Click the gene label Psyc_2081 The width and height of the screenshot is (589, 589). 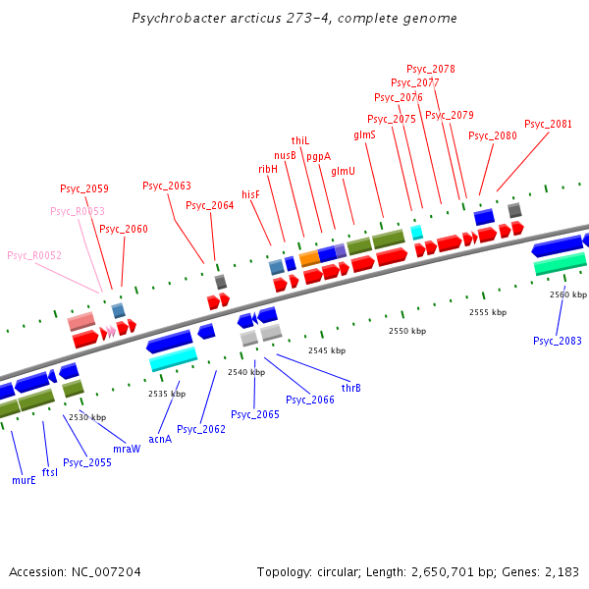click(548, 124)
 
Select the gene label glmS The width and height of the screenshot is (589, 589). click(364, 134)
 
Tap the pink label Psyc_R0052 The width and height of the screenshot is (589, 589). click(34, 255)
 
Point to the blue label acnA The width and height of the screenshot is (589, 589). click(160, 439)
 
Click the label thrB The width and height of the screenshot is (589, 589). click(350, 388)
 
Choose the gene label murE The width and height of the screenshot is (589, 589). click(24, 481)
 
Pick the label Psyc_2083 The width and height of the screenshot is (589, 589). click(558, 341)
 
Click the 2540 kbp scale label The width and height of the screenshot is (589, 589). click(246, 372)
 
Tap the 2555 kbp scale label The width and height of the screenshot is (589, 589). click(488, 312)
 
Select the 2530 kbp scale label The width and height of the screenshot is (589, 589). click(86, 417)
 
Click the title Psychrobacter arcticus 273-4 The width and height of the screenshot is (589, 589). click(294, 19)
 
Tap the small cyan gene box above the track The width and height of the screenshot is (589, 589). click(417, 233)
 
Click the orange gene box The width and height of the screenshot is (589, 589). click(309, 258)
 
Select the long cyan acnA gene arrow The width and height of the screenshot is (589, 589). click(173, 361)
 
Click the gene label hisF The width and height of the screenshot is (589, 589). click(251, 195)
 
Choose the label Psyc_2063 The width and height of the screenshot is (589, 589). click(167, 186)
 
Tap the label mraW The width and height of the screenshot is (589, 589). click(127, 449)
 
